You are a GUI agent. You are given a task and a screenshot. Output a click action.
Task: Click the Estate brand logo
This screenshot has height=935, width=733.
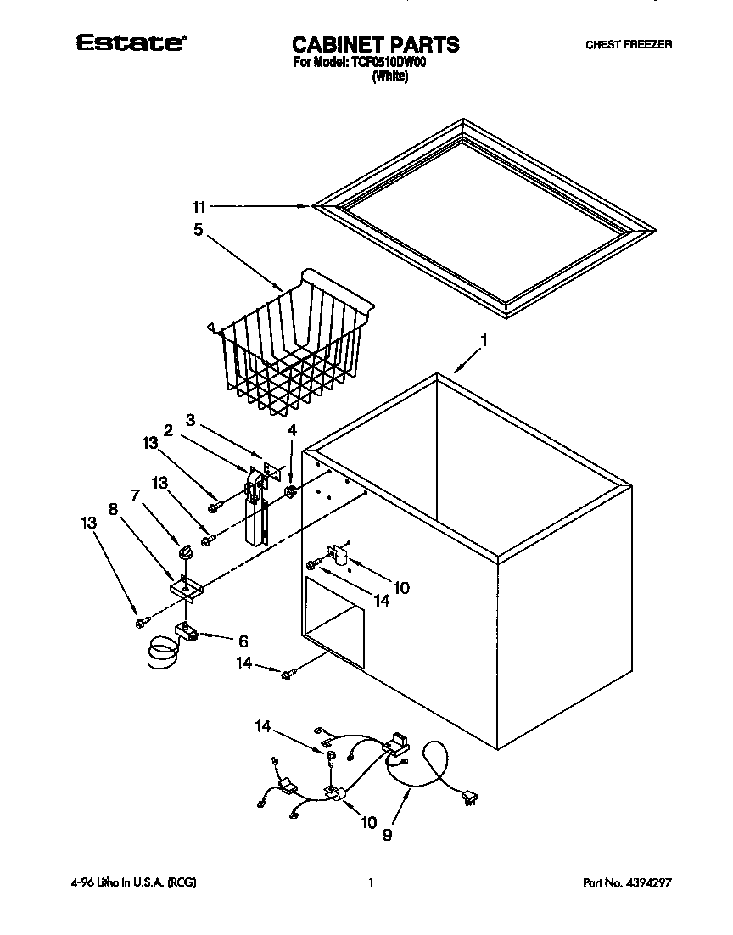coord(130,43)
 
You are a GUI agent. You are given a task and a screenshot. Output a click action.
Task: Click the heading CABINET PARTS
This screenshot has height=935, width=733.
coord(375,44)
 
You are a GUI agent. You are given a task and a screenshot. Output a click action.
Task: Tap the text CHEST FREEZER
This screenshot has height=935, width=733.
coord(628,45)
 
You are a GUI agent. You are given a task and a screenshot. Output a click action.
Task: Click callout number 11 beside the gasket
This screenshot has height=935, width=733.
coord(199,206)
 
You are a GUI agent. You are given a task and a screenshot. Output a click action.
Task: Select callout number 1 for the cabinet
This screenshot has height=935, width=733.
coord(484,340)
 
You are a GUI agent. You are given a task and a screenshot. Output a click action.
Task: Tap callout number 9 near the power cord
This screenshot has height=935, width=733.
coord(388,835)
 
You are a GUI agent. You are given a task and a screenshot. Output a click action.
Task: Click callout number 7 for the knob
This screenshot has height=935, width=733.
coord(134,495)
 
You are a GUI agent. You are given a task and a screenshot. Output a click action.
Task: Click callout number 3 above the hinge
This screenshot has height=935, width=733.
coord(191,420)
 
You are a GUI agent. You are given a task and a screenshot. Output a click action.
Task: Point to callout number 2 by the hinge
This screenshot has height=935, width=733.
coord(169,430)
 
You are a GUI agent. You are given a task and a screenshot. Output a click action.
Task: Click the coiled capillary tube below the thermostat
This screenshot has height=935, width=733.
coord(160,654)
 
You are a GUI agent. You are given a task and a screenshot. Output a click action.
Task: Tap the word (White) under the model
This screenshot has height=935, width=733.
coord(390,76)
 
